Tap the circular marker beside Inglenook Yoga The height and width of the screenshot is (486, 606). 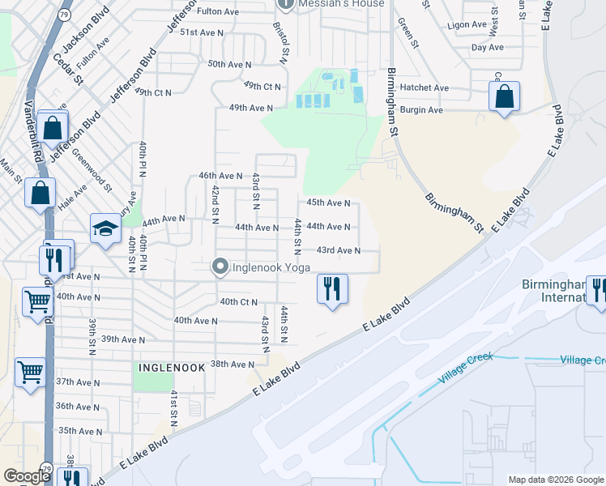pyautogui.click(x=219, y=266)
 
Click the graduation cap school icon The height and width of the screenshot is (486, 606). pyautogui.click(x=105, y=229)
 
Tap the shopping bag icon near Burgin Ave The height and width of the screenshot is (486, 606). pyautogui.click(x=504, y=97)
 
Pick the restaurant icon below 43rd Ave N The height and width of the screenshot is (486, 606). pyautogui.click(x=331, y=288)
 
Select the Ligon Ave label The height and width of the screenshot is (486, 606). pyautogui.click(x=467, y=25)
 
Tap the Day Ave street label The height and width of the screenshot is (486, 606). pyautogui.click(x=488, y=48)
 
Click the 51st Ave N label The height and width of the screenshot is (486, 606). pyautogui.click(x=202, y=32)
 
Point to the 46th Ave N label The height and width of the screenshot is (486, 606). pyautogui.click(x=220, y=175)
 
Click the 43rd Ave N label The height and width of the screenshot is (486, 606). pyautogui.click(x=338, y=250)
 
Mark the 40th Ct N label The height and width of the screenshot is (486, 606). pyautogui.click(x=238, y=301)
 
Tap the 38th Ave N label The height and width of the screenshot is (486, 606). pyautogui.click(x=233, y=364)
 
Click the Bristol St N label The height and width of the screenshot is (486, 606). pyautogui.click(x=283, y=42)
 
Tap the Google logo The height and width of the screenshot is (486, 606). pyautogui.click(x=27, y=476)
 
